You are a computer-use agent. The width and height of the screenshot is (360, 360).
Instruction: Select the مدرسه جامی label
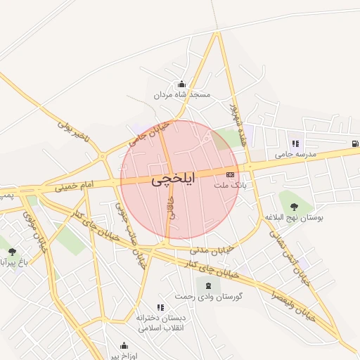295,153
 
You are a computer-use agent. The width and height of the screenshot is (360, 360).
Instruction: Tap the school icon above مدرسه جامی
295,143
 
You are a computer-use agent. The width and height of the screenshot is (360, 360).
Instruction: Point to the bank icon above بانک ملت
230,174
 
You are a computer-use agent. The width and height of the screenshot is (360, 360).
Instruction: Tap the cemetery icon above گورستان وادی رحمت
207,285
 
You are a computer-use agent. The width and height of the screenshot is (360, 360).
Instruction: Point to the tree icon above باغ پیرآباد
12,251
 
